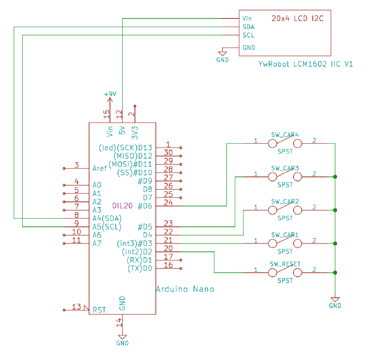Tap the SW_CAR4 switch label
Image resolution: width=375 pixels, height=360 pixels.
click(285, 135)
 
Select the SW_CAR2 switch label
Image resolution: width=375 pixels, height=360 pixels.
click(285, 202)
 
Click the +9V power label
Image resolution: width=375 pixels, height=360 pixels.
click(110, 94)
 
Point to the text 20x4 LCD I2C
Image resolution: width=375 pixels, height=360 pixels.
click(298, 19)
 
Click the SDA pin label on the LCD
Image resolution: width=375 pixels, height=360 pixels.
click(248, 27)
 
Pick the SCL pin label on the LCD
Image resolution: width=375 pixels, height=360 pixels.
click(248, 35)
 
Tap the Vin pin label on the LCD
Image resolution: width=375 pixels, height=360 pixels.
click(247, 19)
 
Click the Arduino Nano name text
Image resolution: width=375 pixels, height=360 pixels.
click(185, 289)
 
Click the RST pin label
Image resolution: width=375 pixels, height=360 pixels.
click(99, 310)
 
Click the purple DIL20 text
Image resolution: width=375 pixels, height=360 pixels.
click(122, 206)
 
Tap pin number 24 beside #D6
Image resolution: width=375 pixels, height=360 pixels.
click(168, 202)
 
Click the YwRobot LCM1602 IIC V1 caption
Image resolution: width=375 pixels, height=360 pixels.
click(306, 64)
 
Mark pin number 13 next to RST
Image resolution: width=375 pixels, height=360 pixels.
click(77, 307)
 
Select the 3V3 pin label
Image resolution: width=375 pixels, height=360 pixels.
click(135, 132)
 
